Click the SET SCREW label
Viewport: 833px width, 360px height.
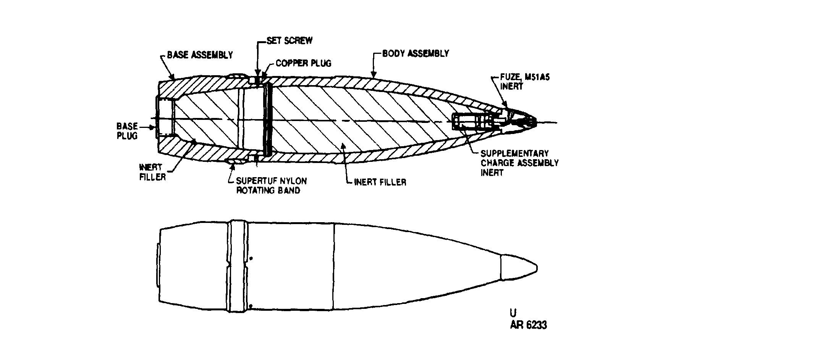point(290,40)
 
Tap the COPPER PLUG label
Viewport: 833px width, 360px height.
point(304,63)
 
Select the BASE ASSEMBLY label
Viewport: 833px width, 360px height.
point(200,55)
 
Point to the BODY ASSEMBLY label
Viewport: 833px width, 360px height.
point(416,53)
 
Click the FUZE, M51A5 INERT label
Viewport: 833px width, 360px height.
point(525,82)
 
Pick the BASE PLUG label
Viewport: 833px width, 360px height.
point(127,131)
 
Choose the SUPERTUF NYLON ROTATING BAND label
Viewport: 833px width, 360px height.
point(271,186)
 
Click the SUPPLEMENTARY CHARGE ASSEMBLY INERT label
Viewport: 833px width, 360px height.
point(519,163)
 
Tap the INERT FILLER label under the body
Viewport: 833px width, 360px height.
point(380,182)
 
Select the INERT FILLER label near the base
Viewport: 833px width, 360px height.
point(152,172)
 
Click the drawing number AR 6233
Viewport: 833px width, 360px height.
point(528,325)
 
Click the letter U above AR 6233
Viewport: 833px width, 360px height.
point(513,313)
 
